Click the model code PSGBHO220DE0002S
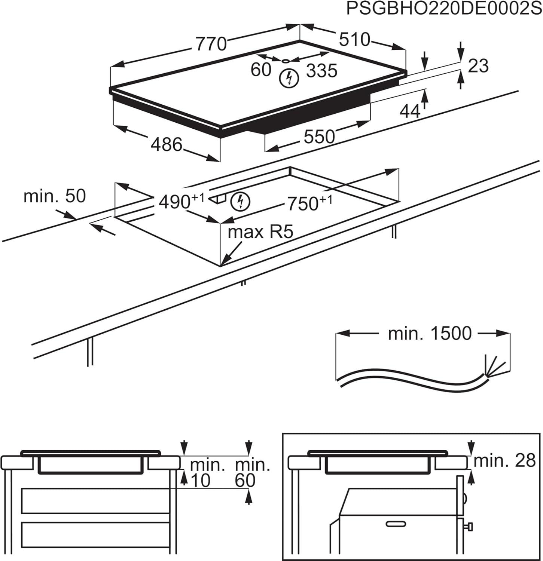point(443,9)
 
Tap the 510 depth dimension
point(354,40)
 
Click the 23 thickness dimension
point(478,66)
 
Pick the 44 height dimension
point(410,111)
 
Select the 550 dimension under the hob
point(319,137)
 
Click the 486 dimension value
point(167,144)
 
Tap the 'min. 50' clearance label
point(55,196)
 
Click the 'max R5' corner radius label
point(260,232)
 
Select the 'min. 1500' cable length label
point(430,333)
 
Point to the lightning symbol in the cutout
point(240,201)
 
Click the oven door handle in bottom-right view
point(396,524)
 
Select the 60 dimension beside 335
point(260,70)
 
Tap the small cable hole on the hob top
point(286,61)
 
